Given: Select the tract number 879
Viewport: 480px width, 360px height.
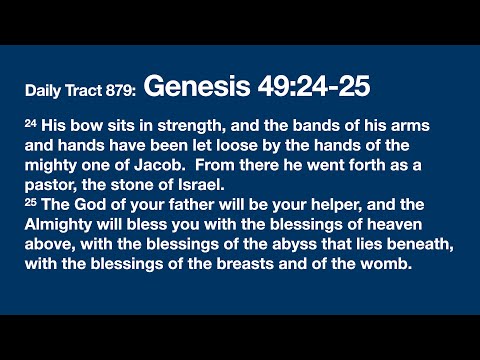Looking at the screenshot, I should coord(120,91).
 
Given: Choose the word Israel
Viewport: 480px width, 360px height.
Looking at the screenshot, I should coord(180,182).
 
